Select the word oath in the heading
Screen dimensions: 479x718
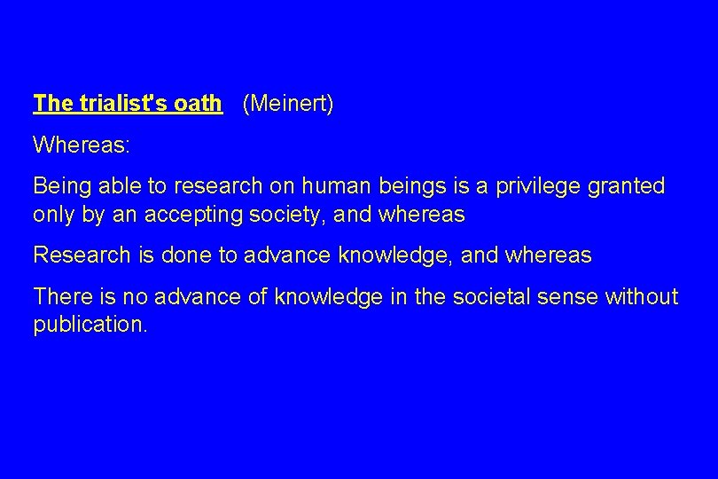coord(199,104)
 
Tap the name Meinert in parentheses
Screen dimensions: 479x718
coord(288,104)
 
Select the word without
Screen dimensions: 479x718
coord(642,295)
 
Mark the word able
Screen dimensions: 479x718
coord(117,185)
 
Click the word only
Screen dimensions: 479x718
coord(53,216)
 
